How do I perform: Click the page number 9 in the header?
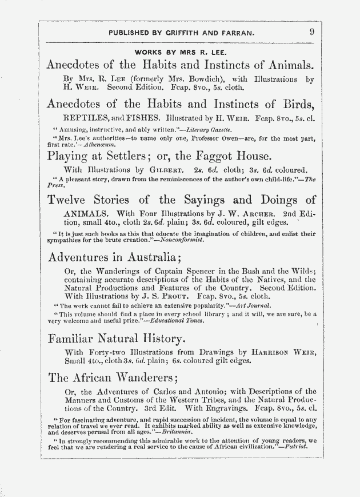[311, 33]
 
